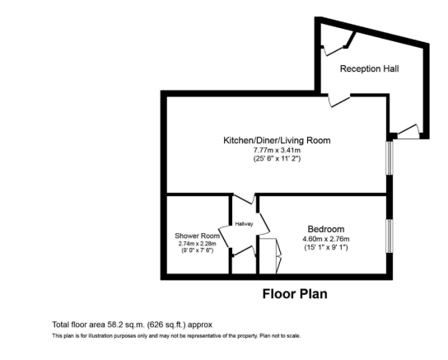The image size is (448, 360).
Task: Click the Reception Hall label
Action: click(369, 69)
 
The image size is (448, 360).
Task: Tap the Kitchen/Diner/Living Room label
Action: click(277, 140)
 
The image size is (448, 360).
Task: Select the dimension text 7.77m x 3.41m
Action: click(277, 150)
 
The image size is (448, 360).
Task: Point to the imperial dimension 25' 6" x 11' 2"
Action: click(277, 158)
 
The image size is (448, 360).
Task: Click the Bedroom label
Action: click(326, 229)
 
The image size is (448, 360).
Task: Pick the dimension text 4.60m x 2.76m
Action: click(326, 239)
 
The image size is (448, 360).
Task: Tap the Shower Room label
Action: click(197, 236)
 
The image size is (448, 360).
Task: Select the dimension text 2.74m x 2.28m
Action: click(197, 244)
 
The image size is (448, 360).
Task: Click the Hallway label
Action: click(244, 224)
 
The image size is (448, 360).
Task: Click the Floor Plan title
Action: click(295, 294)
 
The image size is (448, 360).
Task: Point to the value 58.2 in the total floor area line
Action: click(114, 325)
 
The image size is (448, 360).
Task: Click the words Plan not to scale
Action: click(280, 336)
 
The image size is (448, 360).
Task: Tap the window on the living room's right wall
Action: click(390, 157)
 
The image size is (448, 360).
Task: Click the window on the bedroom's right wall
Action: click(390, 236)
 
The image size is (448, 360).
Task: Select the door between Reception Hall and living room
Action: click(338, 101)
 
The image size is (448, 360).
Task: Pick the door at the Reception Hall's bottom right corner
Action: click(408, 132)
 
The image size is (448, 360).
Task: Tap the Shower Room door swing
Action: click(224, 236)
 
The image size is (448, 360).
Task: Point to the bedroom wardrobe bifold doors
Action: click(278, 255)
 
